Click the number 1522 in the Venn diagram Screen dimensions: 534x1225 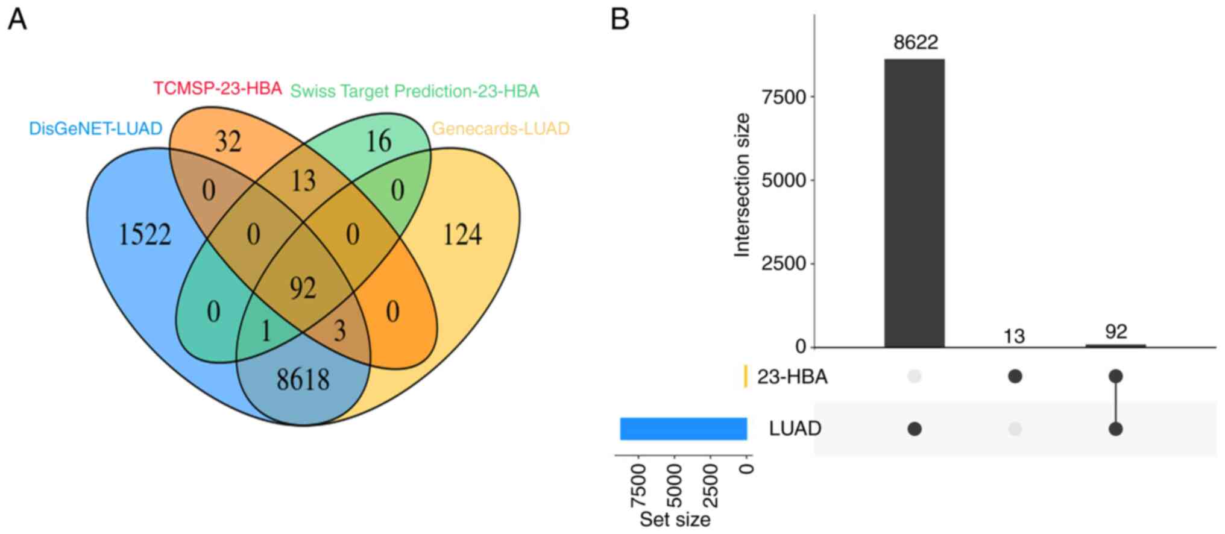145,234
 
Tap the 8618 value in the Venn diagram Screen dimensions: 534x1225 303,380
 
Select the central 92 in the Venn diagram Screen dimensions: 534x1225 303,287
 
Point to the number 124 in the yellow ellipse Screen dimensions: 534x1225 462,234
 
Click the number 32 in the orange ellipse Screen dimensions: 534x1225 228,142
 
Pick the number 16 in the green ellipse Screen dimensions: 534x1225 379,141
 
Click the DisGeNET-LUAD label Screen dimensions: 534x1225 96,128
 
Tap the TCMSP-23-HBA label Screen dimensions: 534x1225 217,89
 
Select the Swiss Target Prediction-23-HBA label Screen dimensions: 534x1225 415,91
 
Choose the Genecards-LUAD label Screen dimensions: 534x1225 500,128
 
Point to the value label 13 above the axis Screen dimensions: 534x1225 1014,336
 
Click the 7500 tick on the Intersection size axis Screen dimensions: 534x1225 784,97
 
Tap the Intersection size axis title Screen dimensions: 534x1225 742,184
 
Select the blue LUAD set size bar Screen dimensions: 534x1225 684,429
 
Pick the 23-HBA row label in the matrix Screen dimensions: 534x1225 792,377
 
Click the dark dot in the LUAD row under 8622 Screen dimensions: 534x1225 915,429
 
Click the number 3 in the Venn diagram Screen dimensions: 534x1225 340,331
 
